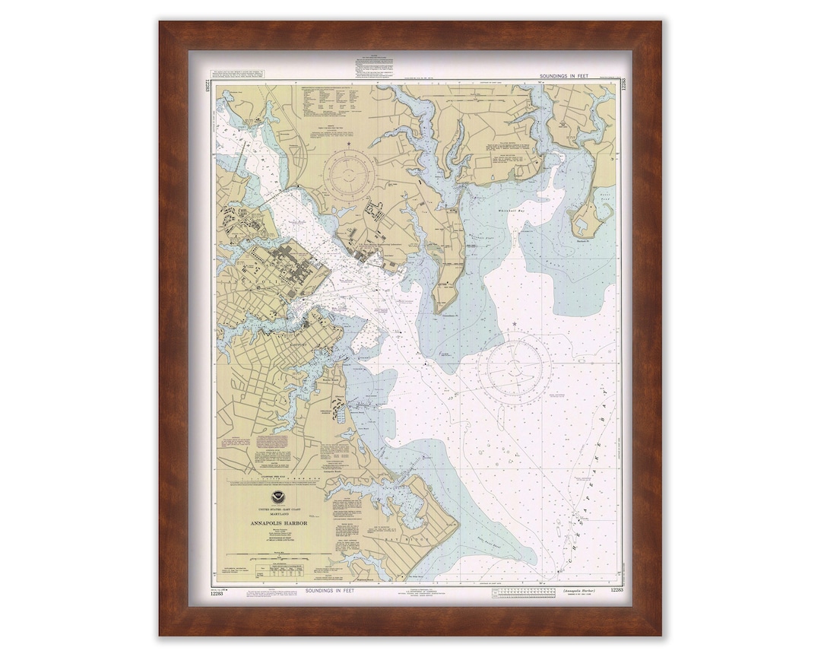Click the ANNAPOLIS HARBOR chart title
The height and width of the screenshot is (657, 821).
point(281,523)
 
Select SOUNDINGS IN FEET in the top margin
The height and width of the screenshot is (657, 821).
point(569,77)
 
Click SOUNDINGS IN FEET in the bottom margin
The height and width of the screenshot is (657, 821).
point(328,590)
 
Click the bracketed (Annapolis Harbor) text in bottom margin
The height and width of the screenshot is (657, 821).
point(580,590)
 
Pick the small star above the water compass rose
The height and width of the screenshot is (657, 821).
point(515,325)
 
